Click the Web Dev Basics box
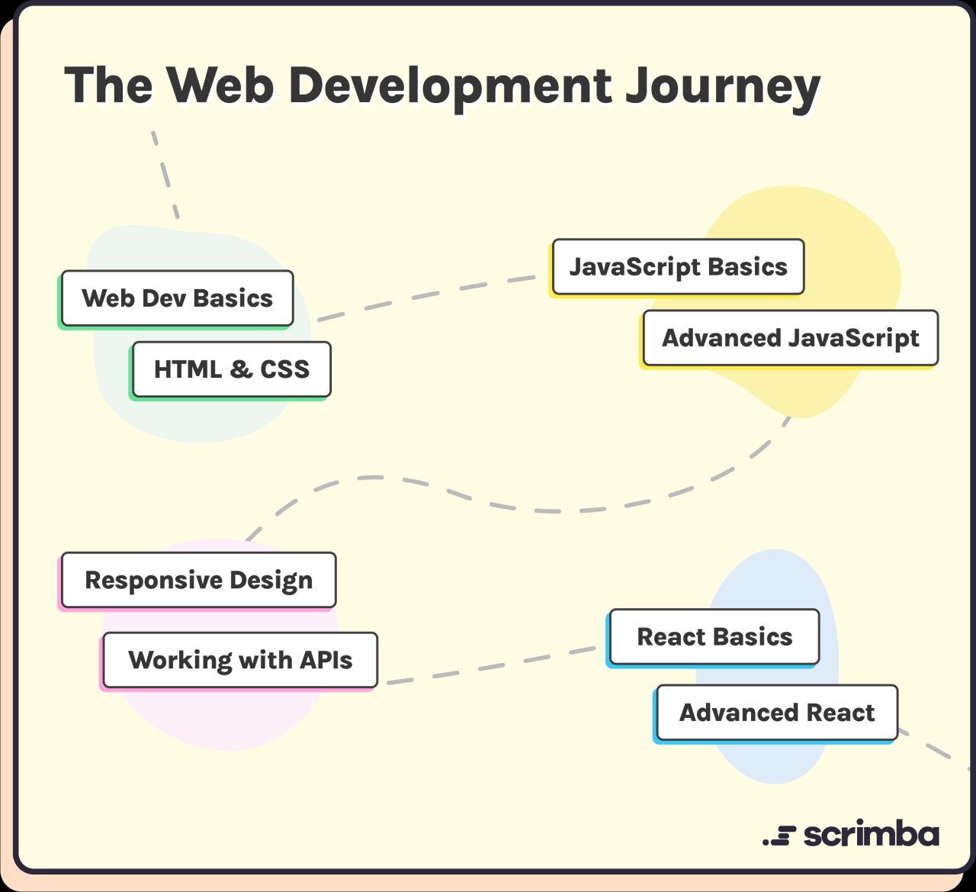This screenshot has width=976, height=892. click(177, 298)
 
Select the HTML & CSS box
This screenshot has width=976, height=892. click(231, 369)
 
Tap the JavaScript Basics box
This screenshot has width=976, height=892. click(678, 267)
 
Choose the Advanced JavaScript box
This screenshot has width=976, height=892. click(790, 338)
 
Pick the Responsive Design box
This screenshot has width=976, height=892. click(198, 581)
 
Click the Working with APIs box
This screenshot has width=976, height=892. click(240, 660)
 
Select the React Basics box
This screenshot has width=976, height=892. click(714, 637)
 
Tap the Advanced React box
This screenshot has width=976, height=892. click(777, 713)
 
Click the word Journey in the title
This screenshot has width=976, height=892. click(723, 86)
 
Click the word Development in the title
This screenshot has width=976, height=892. click(450, 86)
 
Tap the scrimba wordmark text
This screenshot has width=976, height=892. click(871, 834)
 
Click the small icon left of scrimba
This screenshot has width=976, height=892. click(779, 836)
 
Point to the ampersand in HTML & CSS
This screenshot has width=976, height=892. click(240, 369)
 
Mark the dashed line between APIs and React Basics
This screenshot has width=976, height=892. click(492, 667)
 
